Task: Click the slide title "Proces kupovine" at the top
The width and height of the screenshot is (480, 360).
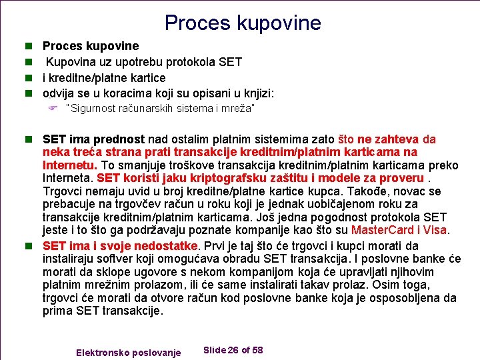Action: tap(243, 23)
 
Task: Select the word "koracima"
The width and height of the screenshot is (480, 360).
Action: tap(136, 93)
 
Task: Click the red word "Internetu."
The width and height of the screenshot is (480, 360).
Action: tap(70, 165)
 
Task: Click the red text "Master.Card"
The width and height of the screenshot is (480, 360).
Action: tap(379, 230)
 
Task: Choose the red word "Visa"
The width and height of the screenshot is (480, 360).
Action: tap(435, 230)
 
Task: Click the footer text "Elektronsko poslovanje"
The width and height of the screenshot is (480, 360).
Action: tap(129, 352)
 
